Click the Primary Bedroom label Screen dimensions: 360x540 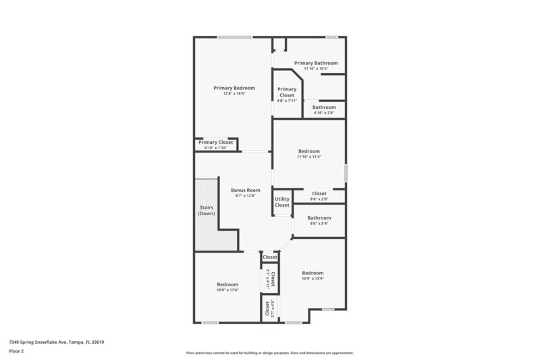click(x=234, y=88)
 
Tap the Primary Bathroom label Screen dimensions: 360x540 click(x=316, y=63)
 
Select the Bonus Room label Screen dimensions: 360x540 click(x=245, y=190)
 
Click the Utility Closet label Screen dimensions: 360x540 click(x=282, y=202)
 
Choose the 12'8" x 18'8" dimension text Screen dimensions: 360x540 click(x=234, y=94)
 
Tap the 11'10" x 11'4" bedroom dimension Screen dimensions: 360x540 click(x=309, y=157)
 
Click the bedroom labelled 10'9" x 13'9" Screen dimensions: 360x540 click(x=313, y=273)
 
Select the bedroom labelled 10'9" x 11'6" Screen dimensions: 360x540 click(x=227, y=284)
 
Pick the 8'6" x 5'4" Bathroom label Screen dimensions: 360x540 click(x=319, y=217)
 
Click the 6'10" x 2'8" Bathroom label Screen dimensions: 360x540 click(x=324, y=107)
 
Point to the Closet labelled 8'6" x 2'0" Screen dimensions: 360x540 click(x=319, y=194)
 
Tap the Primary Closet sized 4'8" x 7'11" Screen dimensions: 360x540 click(x=287, y=93)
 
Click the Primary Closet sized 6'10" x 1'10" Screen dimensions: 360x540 click(x=216, y=143)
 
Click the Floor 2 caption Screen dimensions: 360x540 click(x=17, y=351)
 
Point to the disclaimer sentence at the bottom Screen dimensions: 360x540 click(x=269, y=353)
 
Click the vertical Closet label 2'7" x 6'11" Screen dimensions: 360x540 click(x=271, y=279)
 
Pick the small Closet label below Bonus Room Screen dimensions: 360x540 click(x=270, y=257)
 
